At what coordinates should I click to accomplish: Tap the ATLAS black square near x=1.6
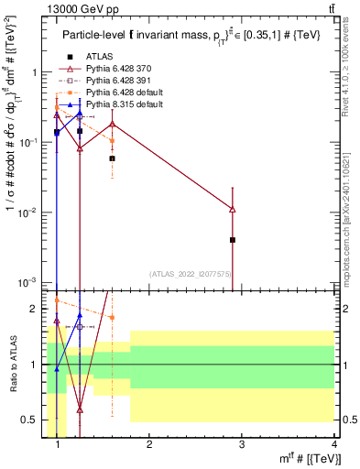[112, 158]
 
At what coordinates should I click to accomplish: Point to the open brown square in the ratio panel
[80, 326]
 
